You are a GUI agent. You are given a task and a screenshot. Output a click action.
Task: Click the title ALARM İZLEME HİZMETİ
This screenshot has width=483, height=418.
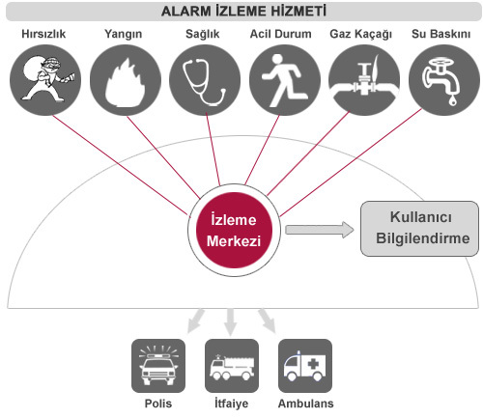pos(243,11)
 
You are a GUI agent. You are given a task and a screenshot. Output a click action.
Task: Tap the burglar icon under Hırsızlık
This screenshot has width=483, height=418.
pos(45,80)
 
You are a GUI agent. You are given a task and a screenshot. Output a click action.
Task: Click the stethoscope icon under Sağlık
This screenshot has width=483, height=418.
pos(205,80)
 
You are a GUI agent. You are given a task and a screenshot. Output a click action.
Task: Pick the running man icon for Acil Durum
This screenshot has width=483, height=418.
pos(285,80)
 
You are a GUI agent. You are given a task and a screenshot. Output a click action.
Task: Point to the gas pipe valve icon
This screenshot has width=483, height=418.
pos(364,80)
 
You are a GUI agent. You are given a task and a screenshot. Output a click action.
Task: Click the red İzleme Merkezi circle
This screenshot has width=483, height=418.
pos(234,230)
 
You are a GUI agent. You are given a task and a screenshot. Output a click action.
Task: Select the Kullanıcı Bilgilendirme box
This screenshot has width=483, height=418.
pos(419,229)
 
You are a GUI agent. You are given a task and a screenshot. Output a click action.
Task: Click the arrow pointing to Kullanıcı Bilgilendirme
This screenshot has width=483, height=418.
pos(320,230)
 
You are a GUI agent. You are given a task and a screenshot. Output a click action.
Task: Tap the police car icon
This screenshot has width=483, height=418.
pos(158,366)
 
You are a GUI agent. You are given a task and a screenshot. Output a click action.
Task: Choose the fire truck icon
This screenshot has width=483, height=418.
pos(232,366)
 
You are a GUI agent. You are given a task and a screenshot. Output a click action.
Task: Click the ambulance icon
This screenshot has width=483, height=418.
pos(305,366)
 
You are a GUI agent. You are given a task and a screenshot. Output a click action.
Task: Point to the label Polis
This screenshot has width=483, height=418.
pos(158,404)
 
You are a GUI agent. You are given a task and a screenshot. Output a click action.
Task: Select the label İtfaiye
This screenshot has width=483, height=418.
pos(232,404)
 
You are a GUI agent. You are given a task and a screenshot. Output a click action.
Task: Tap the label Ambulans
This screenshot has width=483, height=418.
pos(305,404)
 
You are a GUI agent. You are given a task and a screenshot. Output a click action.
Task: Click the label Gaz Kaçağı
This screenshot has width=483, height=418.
pos(361,34)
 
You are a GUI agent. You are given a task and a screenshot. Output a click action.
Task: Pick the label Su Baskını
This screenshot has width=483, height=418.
pos(440,34)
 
